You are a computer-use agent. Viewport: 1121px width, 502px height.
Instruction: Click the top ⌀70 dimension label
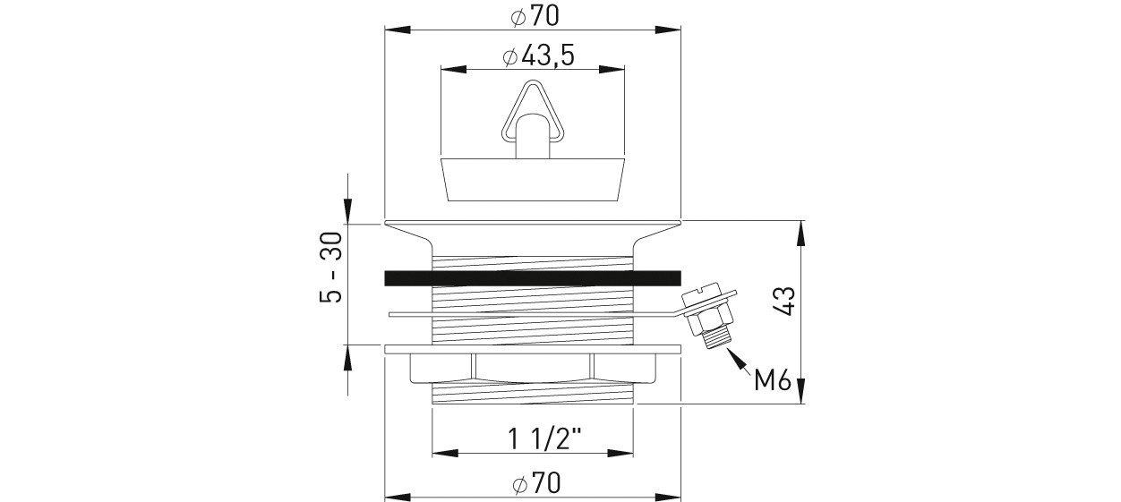pyautogui.click(x=534, y=16)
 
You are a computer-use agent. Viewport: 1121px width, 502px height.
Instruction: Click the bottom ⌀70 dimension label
pyautogui.click(x=536, y=483)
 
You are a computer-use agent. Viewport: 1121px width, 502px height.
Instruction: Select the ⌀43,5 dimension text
pyautogui.click(x=538, y=56)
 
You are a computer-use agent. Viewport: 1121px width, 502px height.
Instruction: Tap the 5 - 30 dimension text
pyautogui.click(x=331, y=268)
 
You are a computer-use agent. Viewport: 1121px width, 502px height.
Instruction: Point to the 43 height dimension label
pyautogui.click(x=784, y=301)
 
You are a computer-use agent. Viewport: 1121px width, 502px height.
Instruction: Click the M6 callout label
pyautogui.click(x=773, y=381)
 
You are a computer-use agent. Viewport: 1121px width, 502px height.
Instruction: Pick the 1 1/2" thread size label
pyautogui.click(x=544, y=438)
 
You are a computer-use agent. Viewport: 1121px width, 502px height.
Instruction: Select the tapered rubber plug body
pyautogui.click(x=533, y=180)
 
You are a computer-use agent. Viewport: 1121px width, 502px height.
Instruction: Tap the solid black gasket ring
pyautogui.click(x=533, y=278)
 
